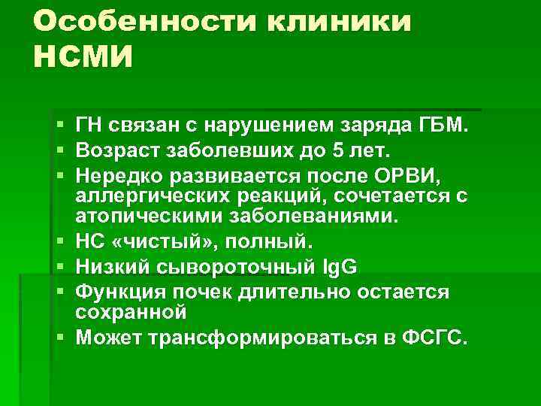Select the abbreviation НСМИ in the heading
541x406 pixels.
82,57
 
